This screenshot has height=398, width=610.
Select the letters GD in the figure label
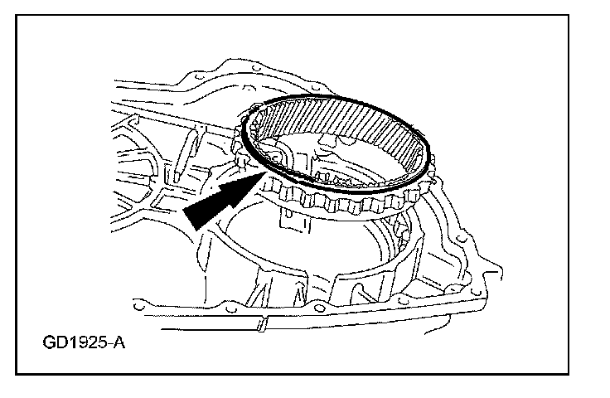point(51,340)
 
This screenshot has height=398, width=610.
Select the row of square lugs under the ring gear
point(332,204)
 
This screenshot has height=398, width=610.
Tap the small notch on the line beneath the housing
point(261,324)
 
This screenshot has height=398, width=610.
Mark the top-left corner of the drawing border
point(16,16)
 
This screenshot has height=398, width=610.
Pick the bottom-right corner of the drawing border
point(591,373)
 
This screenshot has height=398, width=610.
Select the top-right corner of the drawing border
point(591,16)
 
